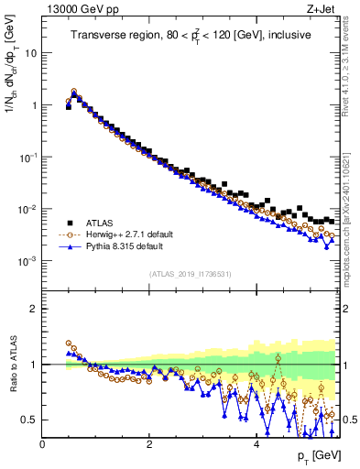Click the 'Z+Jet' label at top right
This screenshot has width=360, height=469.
point(326,9)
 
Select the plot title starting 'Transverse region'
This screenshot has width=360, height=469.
point(191,36)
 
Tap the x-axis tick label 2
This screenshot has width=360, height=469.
point(148,444)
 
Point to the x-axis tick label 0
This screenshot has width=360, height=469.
point(42,444)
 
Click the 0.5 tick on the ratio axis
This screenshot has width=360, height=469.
point(31,420)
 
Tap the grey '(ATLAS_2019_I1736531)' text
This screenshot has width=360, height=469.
point(191,274)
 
